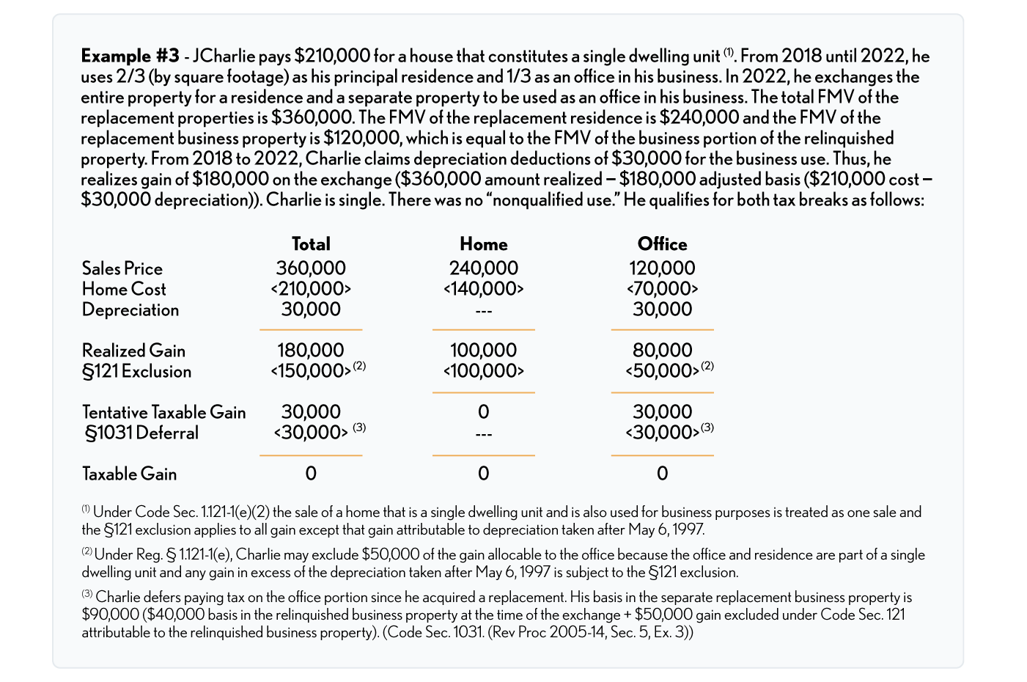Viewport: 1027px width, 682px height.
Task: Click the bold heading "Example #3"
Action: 130,56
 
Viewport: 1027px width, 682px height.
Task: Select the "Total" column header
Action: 311,244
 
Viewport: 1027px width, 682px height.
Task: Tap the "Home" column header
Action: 483,244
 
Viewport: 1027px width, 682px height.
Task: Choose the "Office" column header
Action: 662,244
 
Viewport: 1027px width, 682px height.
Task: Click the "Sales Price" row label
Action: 122,268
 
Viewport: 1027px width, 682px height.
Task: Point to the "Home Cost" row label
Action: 124,289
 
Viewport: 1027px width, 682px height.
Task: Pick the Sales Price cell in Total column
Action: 311,268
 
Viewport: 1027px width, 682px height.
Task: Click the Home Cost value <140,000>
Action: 483,289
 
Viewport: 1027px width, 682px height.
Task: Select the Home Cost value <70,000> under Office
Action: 662,289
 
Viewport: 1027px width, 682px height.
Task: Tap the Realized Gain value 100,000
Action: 483,351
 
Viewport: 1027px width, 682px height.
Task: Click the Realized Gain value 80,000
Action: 662,351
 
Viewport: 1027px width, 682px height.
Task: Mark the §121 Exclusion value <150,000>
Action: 311,371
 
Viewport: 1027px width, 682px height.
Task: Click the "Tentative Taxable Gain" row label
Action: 164,412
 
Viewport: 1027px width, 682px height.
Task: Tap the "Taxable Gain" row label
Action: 130,474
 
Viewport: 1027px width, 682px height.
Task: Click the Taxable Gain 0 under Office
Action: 662,474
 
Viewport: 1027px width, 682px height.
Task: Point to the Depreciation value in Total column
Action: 311,309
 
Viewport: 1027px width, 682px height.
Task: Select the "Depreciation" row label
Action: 130,309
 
